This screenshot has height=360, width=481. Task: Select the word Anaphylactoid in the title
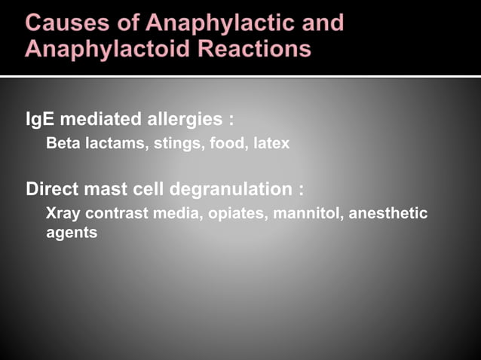coord(99,49)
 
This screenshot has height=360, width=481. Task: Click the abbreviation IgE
coord(39,119)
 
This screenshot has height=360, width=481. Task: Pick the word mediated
coord(100,119)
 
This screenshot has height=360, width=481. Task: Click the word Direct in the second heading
coord(51,189)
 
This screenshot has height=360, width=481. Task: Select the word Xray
coord(63,213)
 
